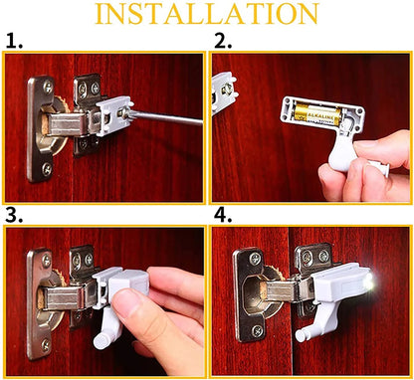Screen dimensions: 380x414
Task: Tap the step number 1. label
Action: click(x=13, y=42)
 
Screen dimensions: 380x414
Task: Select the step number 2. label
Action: click(x=222, y=42)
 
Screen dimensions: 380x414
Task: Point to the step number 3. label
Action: click(x=13, y=216)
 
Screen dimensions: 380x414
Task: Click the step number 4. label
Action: click(x=222, y=216)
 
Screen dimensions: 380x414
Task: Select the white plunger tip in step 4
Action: click(x=302, y=334)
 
